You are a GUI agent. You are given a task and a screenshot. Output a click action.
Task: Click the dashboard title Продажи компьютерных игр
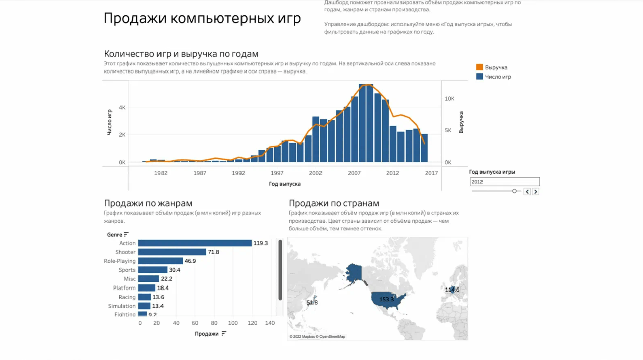coord(202,18)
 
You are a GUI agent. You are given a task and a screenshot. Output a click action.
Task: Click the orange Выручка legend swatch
coord(479,67)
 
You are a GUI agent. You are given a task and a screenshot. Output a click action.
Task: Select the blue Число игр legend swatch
coord(479,77)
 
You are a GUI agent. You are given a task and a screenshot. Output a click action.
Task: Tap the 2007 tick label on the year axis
coord(354,173)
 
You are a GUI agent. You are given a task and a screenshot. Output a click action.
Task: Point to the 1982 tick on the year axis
coord(160,173)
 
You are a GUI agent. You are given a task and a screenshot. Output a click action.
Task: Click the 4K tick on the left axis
coord(122,107)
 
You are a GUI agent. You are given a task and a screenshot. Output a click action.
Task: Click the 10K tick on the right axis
coord(449,99)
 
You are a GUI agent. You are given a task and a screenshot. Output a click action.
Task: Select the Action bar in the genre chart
coord(195,243)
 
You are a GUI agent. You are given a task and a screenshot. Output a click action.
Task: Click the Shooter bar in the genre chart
coord(172,252)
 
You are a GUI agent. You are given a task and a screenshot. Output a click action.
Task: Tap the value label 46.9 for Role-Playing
coord(190,261)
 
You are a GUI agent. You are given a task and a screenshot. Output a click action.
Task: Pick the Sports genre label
coord(127,270)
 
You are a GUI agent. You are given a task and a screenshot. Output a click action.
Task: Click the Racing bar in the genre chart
coord(144,297)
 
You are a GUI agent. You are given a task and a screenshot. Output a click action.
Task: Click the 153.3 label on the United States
coord(387,299)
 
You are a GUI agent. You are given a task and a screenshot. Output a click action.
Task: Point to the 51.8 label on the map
coord(312,303)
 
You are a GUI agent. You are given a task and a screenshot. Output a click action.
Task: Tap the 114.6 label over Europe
coord(452,290)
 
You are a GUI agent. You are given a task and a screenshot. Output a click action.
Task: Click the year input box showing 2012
coord(505,182)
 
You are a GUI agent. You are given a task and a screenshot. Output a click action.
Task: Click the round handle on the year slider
coord(514,191)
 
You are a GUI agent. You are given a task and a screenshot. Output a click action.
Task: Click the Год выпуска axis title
coord(285,184)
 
